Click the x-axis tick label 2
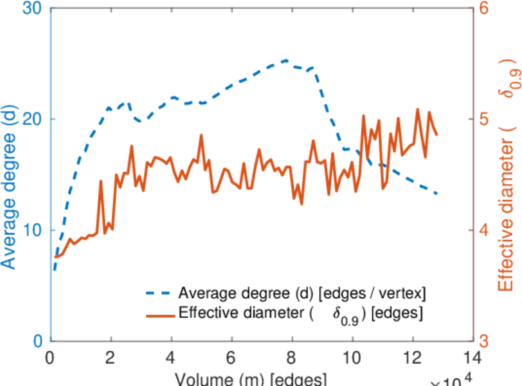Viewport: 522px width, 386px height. tap(111, 357)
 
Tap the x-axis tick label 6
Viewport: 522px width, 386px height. tap(231, 357)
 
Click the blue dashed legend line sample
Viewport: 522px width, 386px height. tap(159, 294)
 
